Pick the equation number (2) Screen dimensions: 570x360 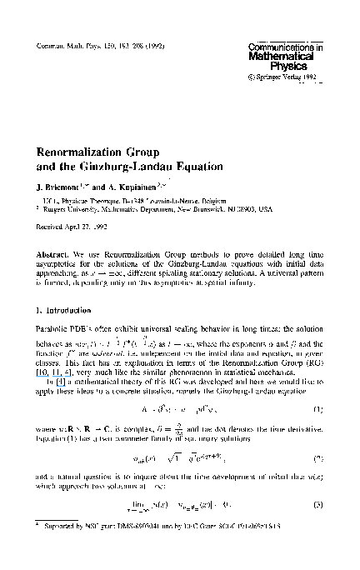tap(317, 434)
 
